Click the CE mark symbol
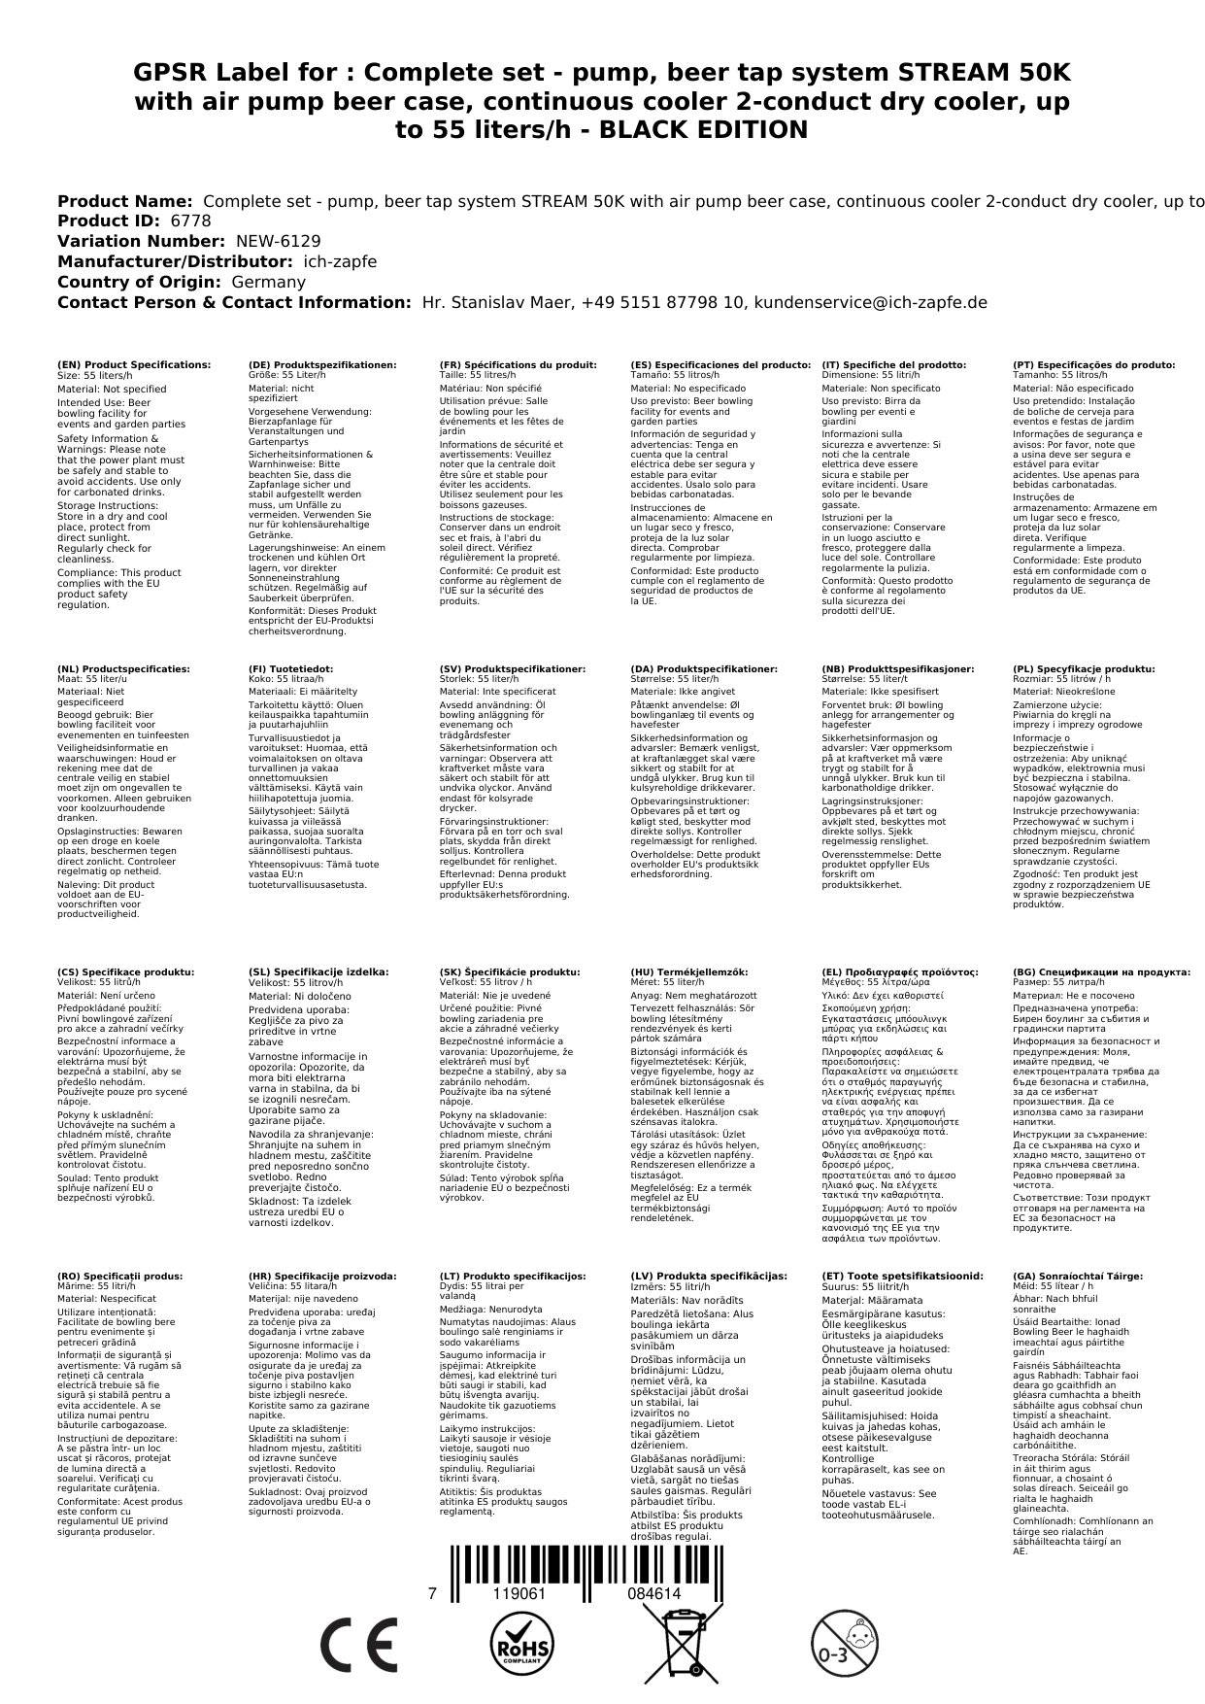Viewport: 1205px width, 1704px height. click(358, 1647)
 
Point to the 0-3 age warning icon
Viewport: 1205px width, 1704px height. click(842, 1647)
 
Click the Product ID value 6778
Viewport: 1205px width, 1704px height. click(190, 221)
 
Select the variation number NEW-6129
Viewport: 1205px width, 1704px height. click(278, 241)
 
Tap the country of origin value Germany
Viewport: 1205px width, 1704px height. click(268, 282)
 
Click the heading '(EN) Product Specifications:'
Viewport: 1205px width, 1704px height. click(134, 365)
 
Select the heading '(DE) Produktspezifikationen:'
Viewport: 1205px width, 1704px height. click(322, 365)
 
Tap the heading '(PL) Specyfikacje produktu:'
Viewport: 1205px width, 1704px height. click(1084, 669)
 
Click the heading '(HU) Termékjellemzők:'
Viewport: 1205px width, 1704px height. click(689, 971)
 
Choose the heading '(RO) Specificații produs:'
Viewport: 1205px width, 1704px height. click(120, 1277)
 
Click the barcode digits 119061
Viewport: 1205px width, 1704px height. click(519, 1594)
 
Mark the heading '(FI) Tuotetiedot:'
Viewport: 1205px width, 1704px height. click(290, 669)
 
